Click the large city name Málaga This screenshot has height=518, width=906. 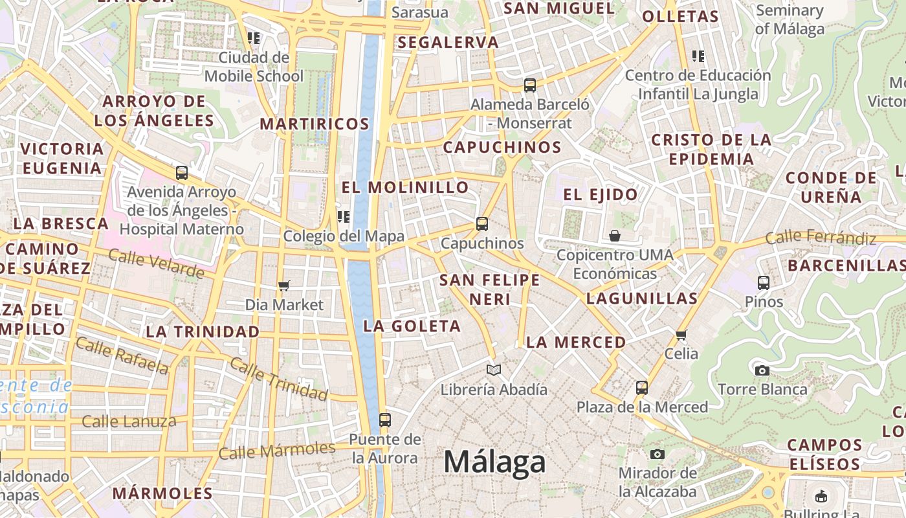pos(494,462)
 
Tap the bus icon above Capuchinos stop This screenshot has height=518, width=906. pos(481,224)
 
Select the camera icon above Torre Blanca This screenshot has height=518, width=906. pos(762,370)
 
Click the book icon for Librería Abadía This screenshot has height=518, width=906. pos(494,370)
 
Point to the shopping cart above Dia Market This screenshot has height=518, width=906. pos(283,286)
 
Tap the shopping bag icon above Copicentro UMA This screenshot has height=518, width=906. pos(615,236)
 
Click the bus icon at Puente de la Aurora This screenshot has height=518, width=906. pos(385,420)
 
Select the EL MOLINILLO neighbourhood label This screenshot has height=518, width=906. pos(405,187)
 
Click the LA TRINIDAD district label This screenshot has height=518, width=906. pos(203,332)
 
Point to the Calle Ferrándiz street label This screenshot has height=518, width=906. pos(821,238)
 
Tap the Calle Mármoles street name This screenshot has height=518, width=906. pos(276,450)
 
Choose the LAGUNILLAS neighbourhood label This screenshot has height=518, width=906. pos(641,298)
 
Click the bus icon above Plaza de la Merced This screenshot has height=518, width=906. pos(642,388)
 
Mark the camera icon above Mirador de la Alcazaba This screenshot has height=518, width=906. pos(657,454)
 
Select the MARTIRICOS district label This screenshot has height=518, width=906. pos(315,124)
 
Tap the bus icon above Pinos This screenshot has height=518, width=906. pos(764,282)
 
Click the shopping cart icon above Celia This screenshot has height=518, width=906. pos(681,335)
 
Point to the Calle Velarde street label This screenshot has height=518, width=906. pos(156,264)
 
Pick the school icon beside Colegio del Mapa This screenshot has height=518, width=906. pos(344,217)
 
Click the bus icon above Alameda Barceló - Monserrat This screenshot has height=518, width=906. pos(530,85)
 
